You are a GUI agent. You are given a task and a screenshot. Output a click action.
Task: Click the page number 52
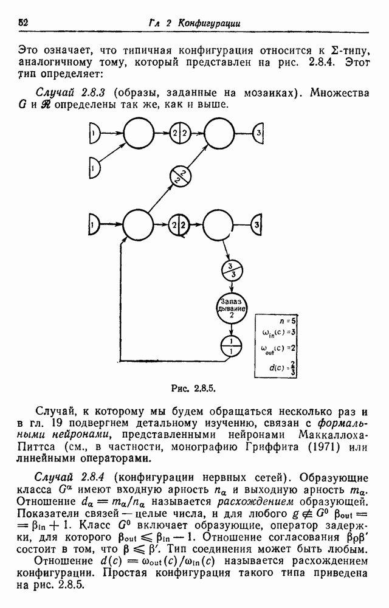pyautogui.click(x=23, y=22)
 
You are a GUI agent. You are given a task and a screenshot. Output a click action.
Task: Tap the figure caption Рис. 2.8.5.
pyautogui.click(x=193, y=388)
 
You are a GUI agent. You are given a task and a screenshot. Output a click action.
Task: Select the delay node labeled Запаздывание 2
pyautogui.click(x=232, y=309)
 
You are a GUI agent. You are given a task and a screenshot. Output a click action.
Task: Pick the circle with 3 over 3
pyautogui.click(x=232, y=271)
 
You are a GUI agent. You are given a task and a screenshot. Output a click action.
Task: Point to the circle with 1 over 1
pyautogui.click(x=232, y=347)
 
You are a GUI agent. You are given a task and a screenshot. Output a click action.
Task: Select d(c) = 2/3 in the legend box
pyautogui.click(x=283, y=368)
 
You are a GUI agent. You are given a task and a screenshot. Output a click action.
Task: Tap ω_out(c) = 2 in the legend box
pyautogui.click(x=278, y=348)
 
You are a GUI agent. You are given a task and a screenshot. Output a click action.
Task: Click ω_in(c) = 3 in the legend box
pyautogui.click(x=279, y=333)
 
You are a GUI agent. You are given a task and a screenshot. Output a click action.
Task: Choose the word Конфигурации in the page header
pyautogui.click(x=208, y=23)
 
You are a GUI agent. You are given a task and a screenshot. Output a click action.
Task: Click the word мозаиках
pyautogui.click(x=267, y=93)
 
